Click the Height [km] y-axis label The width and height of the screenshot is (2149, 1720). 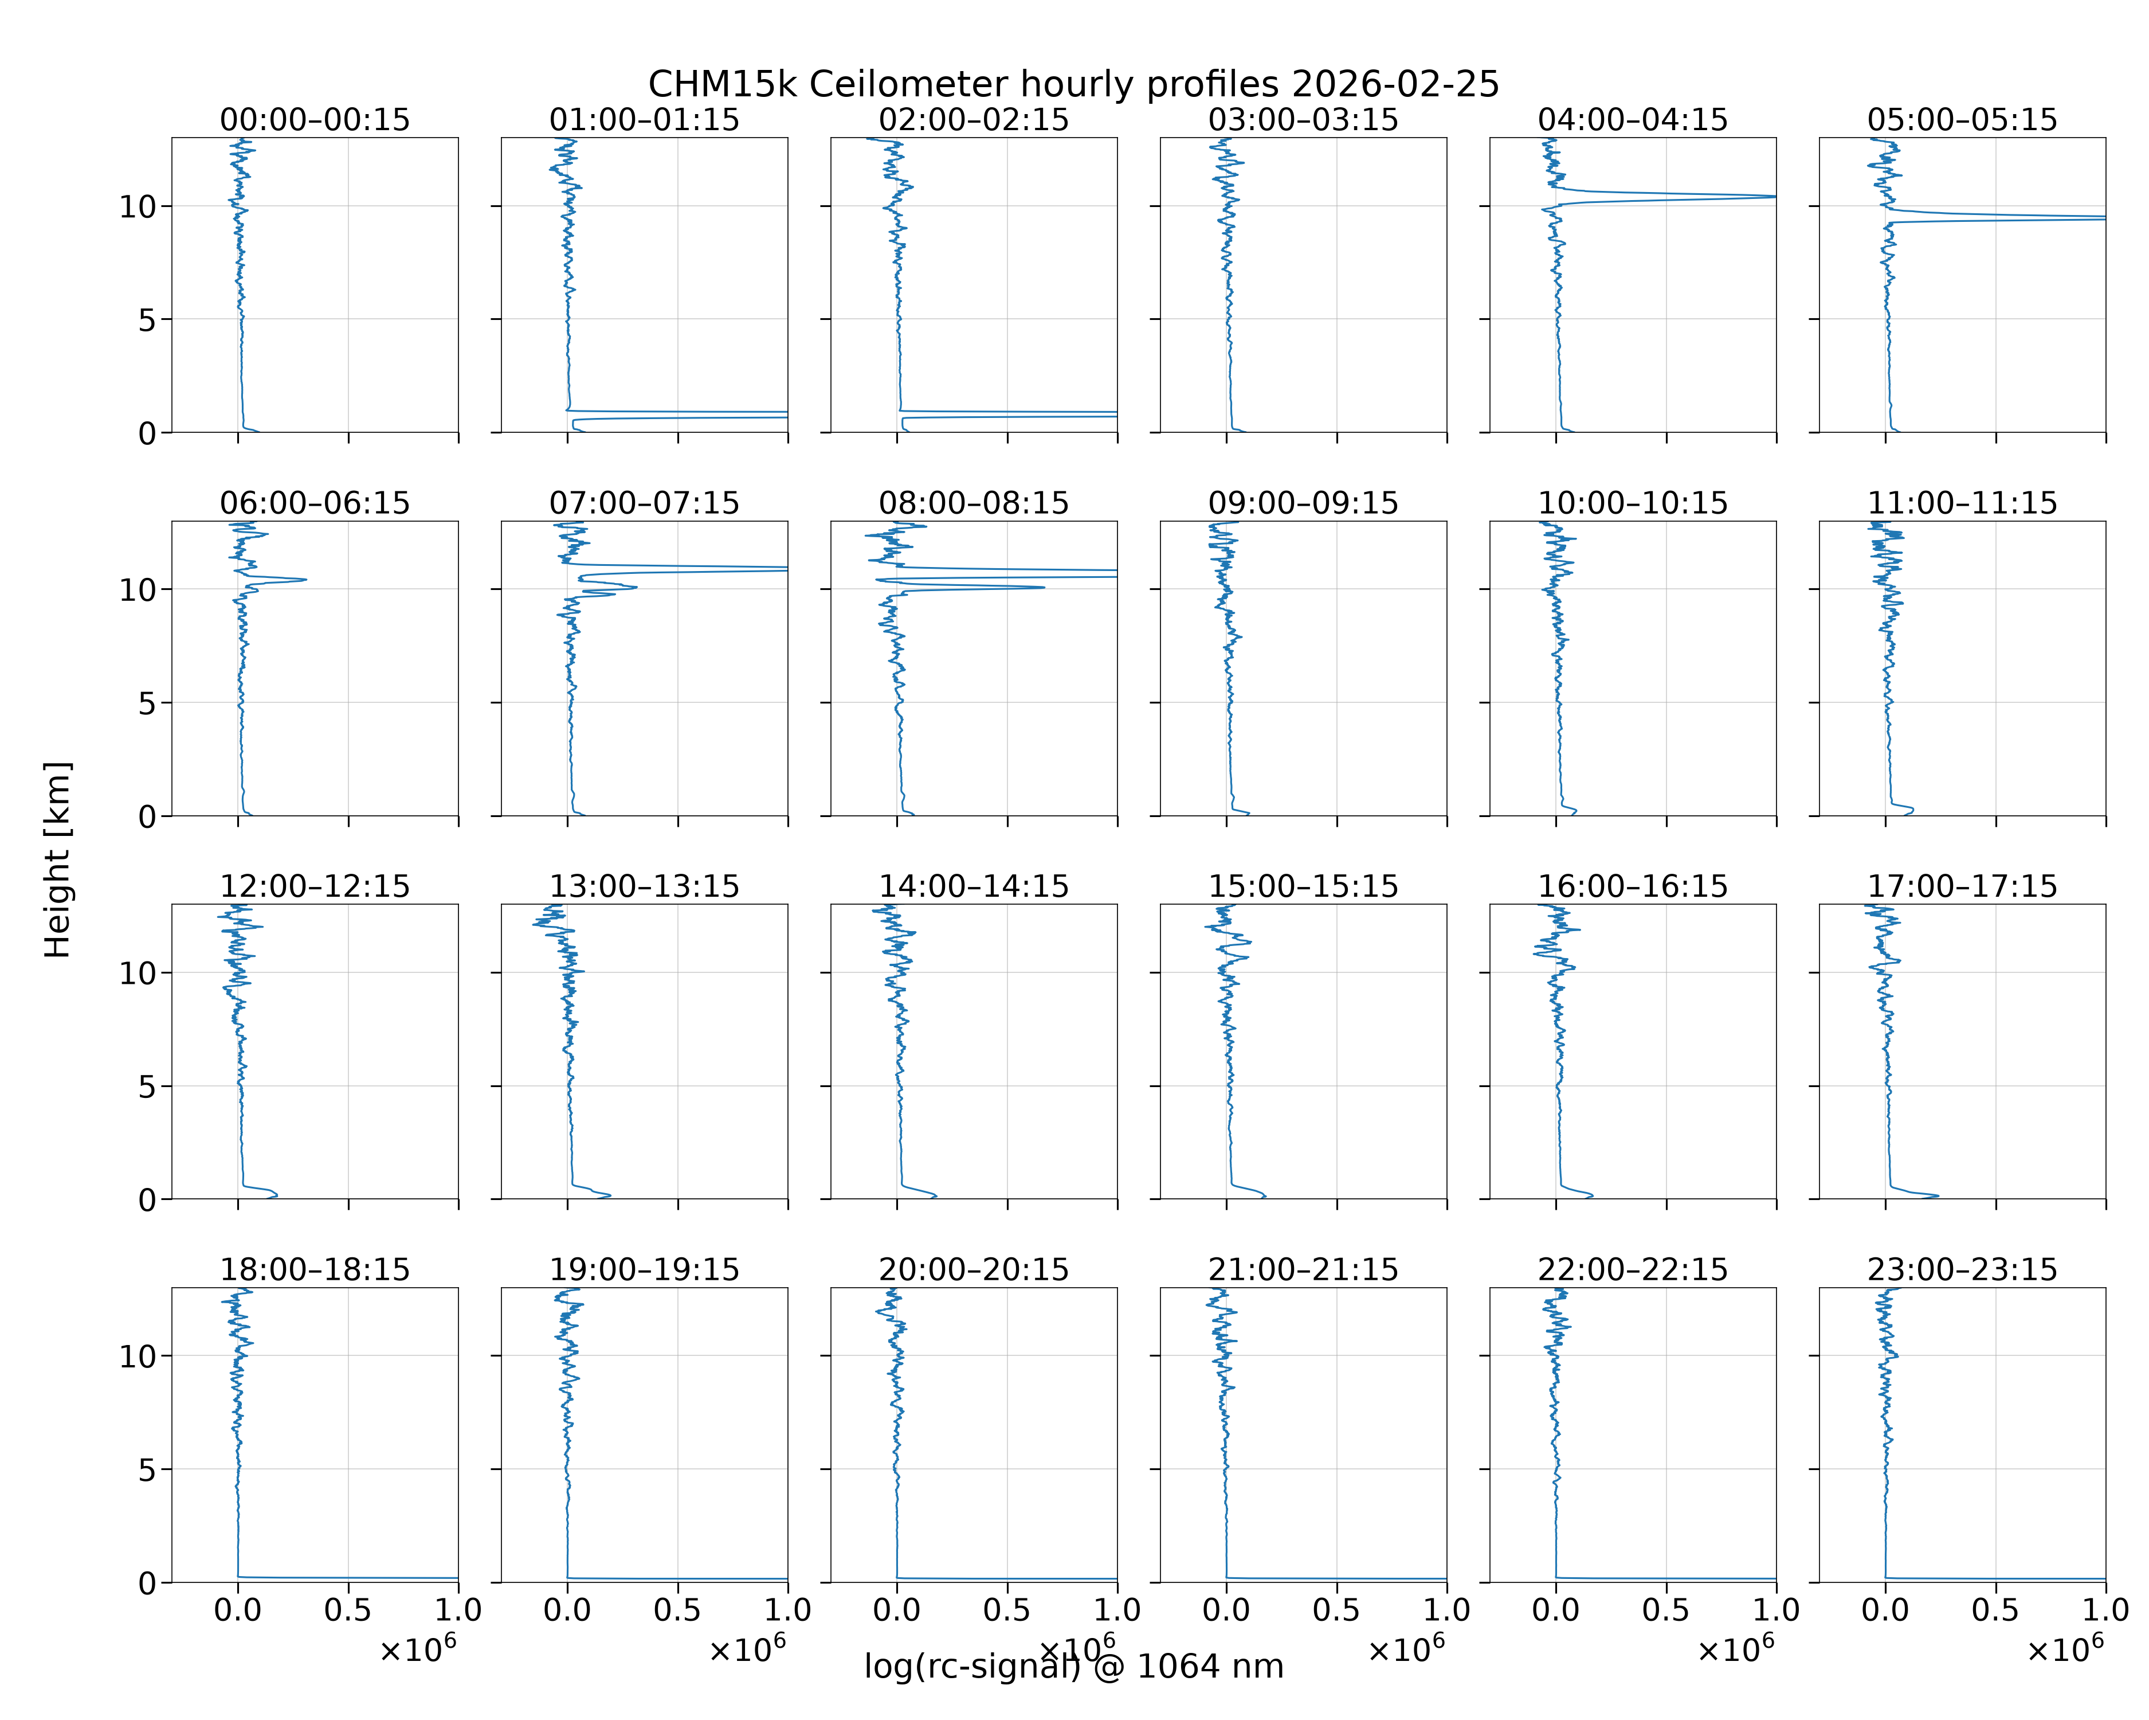pos(58,859)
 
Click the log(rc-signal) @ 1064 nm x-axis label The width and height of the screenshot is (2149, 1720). pos(1073,1666)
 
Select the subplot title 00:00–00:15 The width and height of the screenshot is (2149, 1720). pos(315,120)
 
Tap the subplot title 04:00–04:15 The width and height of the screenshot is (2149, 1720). pos(1633,120)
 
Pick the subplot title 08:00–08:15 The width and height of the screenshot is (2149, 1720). pos(974,503)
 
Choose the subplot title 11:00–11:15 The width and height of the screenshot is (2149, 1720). pos(1963,503)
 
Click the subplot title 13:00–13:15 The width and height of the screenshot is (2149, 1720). pos(645,886)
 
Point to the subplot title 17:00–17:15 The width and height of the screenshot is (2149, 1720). pos(1963,886)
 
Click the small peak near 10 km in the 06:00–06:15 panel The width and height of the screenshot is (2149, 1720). pos(303,579)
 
